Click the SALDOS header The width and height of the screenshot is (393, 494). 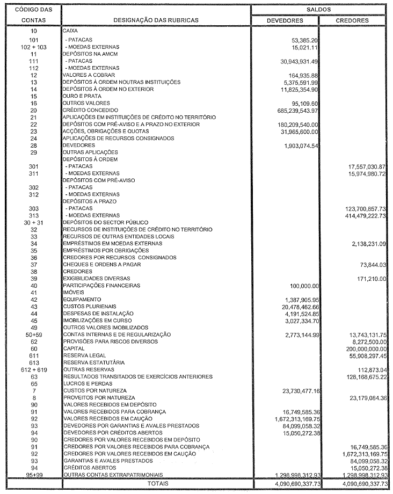pyautogui.click(x=318, y=10)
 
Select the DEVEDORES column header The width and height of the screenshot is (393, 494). pyautogui.click(x=285, y=20)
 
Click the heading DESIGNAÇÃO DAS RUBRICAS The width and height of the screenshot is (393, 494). pyautogui.click(x=156, y=20)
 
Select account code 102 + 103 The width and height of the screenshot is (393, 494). pyautogui.click(x=33, y=47)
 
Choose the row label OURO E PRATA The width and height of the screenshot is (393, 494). pyautogui.click(x=81, y=96)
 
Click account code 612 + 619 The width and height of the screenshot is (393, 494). pyautogui.click(x=33, y=369)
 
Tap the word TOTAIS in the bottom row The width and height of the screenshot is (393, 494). pyautogui.click(x=156, y=483)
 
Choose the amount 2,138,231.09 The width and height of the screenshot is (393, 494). pyautogui.click(x=367, y=243)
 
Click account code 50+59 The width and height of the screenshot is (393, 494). pyautogui.click(x=33, y=335)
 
